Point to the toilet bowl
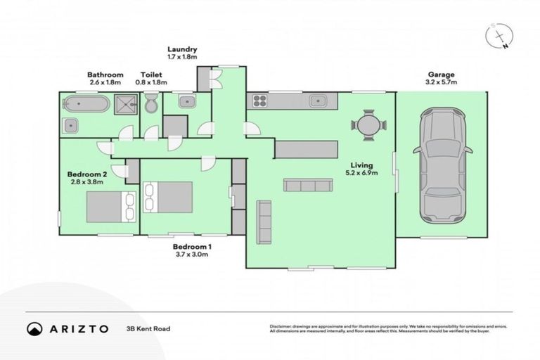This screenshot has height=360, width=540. (150, 105)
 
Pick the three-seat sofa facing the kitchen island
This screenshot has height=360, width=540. (307, 186)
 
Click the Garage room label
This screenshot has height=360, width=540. (442, 75)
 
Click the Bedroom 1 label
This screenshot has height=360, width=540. (192, 247)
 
